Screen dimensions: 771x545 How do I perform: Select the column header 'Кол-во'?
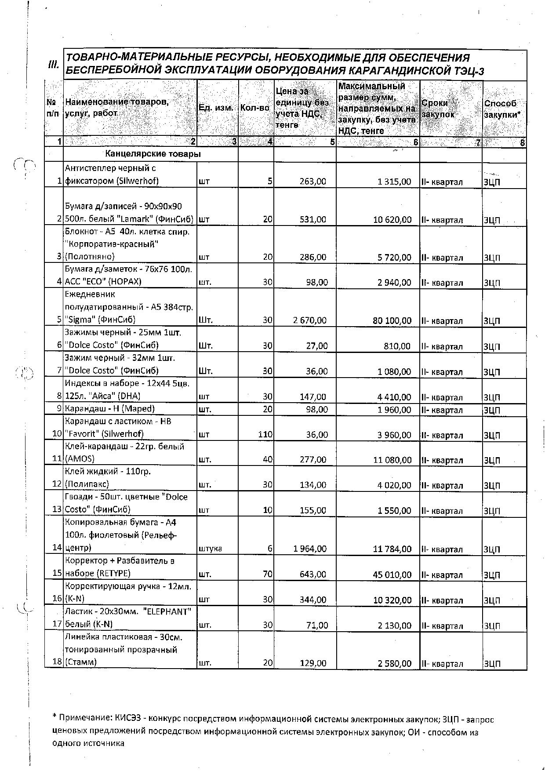click(254, 108)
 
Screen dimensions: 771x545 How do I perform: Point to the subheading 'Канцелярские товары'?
click(153, 154)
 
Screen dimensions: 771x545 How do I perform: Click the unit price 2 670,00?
click(310, 320)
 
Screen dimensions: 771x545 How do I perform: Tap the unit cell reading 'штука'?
click(211, 549)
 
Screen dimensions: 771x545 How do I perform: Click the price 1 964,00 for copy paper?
click(310, 549)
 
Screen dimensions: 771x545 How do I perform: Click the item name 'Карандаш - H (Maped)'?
click(110, 409)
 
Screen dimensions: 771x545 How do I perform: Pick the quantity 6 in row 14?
click(270, 549)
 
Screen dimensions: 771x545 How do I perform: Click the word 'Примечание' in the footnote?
click(85, 720)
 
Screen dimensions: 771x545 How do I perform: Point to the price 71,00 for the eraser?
click(317, 625)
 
